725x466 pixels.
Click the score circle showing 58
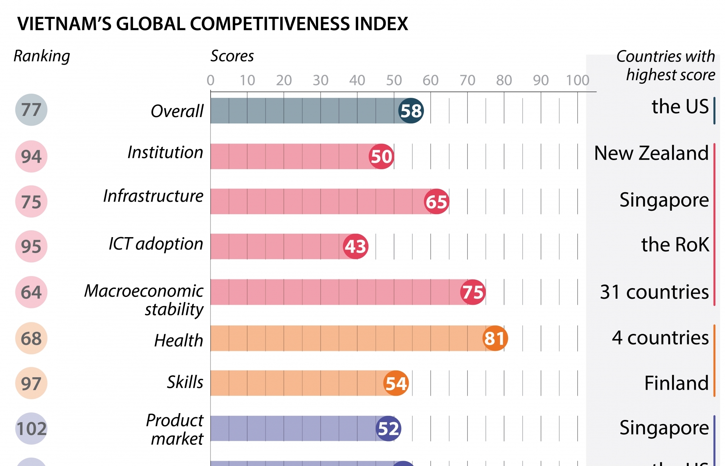pyautogui.click(x=411, y=111)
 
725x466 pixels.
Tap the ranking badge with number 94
pyautogui.click(x=31, y=156)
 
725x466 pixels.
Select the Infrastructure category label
pyautogui.click(x=153, y=196)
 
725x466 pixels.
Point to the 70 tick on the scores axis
pyautogui.click(x=467, y=80)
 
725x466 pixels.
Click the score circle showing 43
pyautogui.click(x=356, y=246)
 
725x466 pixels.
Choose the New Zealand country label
pyautogui.click(x=651, y=153)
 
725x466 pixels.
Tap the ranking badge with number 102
pyautogui.click(x=31, y=428)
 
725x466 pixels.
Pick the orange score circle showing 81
pyautogui.click(x=495, y=338)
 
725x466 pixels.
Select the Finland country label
pyautogui.click(x=676, y=383)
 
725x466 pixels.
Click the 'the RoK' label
pyautogui.click(x=675, y=244)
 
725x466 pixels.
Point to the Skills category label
pyautogui.click(x=185, y=382)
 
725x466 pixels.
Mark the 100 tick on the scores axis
pyautogui.click(x=577, y=80)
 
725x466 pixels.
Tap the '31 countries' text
pyautogui.click(x=654, y=292)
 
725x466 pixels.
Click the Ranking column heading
pyautogui.click(x=42, y=56)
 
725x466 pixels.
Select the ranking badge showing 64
pyautogui.click(x=31, y=292)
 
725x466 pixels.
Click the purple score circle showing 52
pyautogui.click(x=388, y=428)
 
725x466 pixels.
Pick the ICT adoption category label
pyautogui.click(x=156, y=244)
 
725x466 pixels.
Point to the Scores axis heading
pyautogui.click(x=232, y=56)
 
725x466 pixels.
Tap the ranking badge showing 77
pyautogui.click(x=31, y=110)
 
